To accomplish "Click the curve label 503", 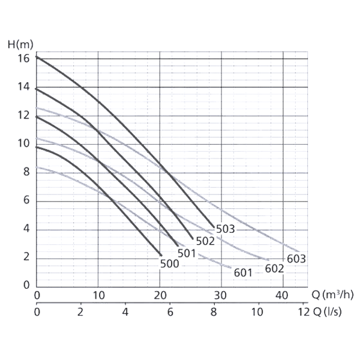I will (225, 229).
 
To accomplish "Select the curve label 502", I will (205, 241).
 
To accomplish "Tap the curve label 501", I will (187, 253).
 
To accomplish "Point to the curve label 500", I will (170, 263).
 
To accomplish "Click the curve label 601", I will (243, 274).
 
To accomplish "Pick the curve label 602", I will (274, 268).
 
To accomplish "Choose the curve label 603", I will (296, 259).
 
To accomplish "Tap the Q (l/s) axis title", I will (329, 312).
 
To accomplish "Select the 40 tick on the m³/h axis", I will (283, 295).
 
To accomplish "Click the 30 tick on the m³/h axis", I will (221, 295).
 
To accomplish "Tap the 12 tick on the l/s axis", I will (302, 312).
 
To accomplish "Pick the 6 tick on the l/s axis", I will (170, 312).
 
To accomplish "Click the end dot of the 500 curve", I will (160, 254).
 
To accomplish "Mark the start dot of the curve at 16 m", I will (37, 57).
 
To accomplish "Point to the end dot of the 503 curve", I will (214, 226).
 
